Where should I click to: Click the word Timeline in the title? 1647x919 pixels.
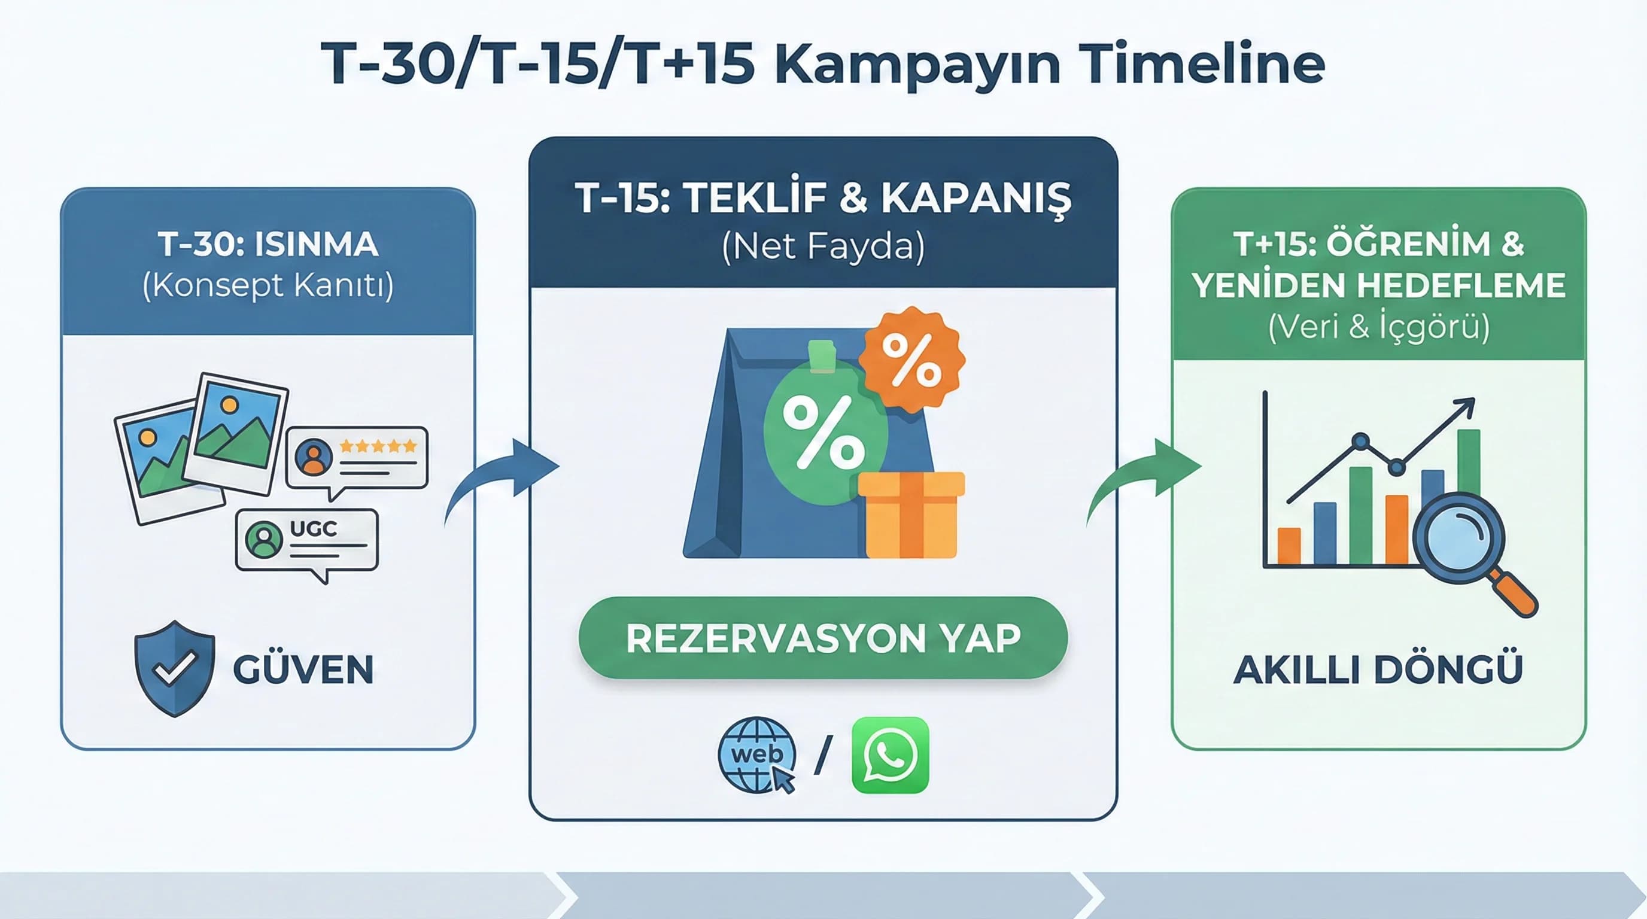tap(1201, 64)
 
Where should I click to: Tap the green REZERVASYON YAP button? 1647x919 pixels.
tap(823, 638)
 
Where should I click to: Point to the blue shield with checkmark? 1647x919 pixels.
tap(174, 668)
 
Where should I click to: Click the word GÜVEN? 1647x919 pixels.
tap(303, 669)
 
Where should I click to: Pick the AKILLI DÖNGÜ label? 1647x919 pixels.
tap(1378, 669)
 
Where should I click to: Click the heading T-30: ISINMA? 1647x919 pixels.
tap(268, 244)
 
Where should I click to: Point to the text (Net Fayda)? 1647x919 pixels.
tap(823, 246)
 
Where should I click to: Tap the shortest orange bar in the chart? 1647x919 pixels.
tap(1289, 546)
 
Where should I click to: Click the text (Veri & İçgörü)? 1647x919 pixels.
tap(1378, 327)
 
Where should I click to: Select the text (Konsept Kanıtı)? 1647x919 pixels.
tap(268, 285)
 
